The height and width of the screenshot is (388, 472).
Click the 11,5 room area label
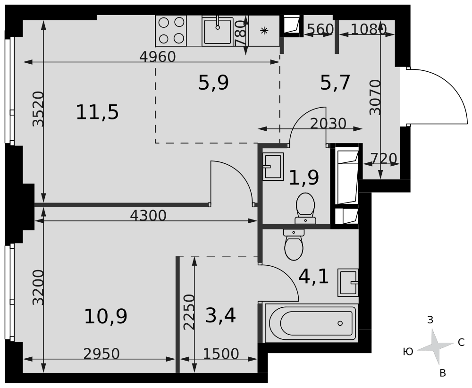point(97,112)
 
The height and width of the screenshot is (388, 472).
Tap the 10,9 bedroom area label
point(106,316)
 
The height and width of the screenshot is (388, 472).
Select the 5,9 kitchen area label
point(213,83)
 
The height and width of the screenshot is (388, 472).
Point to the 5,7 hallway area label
point(335,83)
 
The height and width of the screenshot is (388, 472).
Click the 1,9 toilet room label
point(303,177)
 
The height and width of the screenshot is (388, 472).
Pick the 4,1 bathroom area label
point(313,277)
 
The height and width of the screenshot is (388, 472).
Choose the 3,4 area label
point(220,315)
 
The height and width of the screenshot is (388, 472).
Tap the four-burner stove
point(171,31)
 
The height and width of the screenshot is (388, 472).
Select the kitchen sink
point(218,31)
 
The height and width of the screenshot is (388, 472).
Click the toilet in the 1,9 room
point(305,208)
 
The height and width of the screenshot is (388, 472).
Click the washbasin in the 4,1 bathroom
point(348,283)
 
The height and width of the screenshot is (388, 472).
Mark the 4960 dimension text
point(158,57)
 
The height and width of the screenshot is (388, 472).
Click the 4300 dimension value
point(148,216)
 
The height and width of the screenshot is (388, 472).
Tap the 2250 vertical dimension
point(190,312)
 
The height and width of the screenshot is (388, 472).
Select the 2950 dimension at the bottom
point(101,354)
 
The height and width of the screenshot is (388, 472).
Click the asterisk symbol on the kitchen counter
point(264,30)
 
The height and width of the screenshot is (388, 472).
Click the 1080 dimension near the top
point(369,29)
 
